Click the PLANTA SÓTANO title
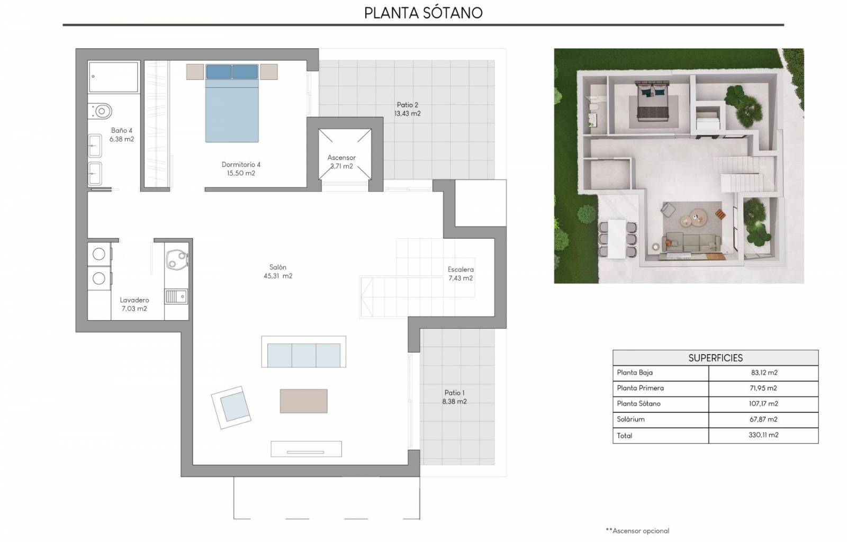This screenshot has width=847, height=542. coord(423,13)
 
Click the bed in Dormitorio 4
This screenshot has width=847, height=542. coord(232,103)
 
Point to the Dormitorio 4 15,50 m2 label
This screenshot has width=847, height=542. coord(241,169)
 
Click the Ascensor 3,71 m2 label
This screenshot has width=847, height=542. coord(341,162)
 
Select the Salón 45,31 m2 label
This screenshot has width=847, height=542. coord(278,272)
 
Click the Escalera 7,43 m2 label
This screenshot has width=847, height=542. coord(461,274)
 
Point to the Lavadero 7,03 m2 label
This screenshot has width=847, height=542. coord(134,304)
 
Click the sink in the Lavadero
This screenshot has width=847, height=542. coord(176,297)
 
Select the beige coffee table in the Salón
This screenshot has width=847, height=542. coord(304,401)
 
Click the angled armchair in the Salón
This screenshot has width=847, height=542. coord(231,408)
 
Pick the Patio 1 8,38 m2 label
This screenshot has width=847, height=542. coord(455,397)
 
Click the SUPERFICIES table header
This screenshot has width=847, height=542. coord(715,358)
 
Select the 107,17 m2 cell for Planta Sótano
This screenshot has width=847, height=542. coord(763,404)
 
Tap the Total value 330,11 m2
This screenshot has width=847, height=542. coord(763,435)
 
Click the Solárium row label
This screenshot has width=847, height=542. coord(630,419)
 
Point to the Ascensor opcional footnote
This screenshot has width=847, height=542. coord(637,531)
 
